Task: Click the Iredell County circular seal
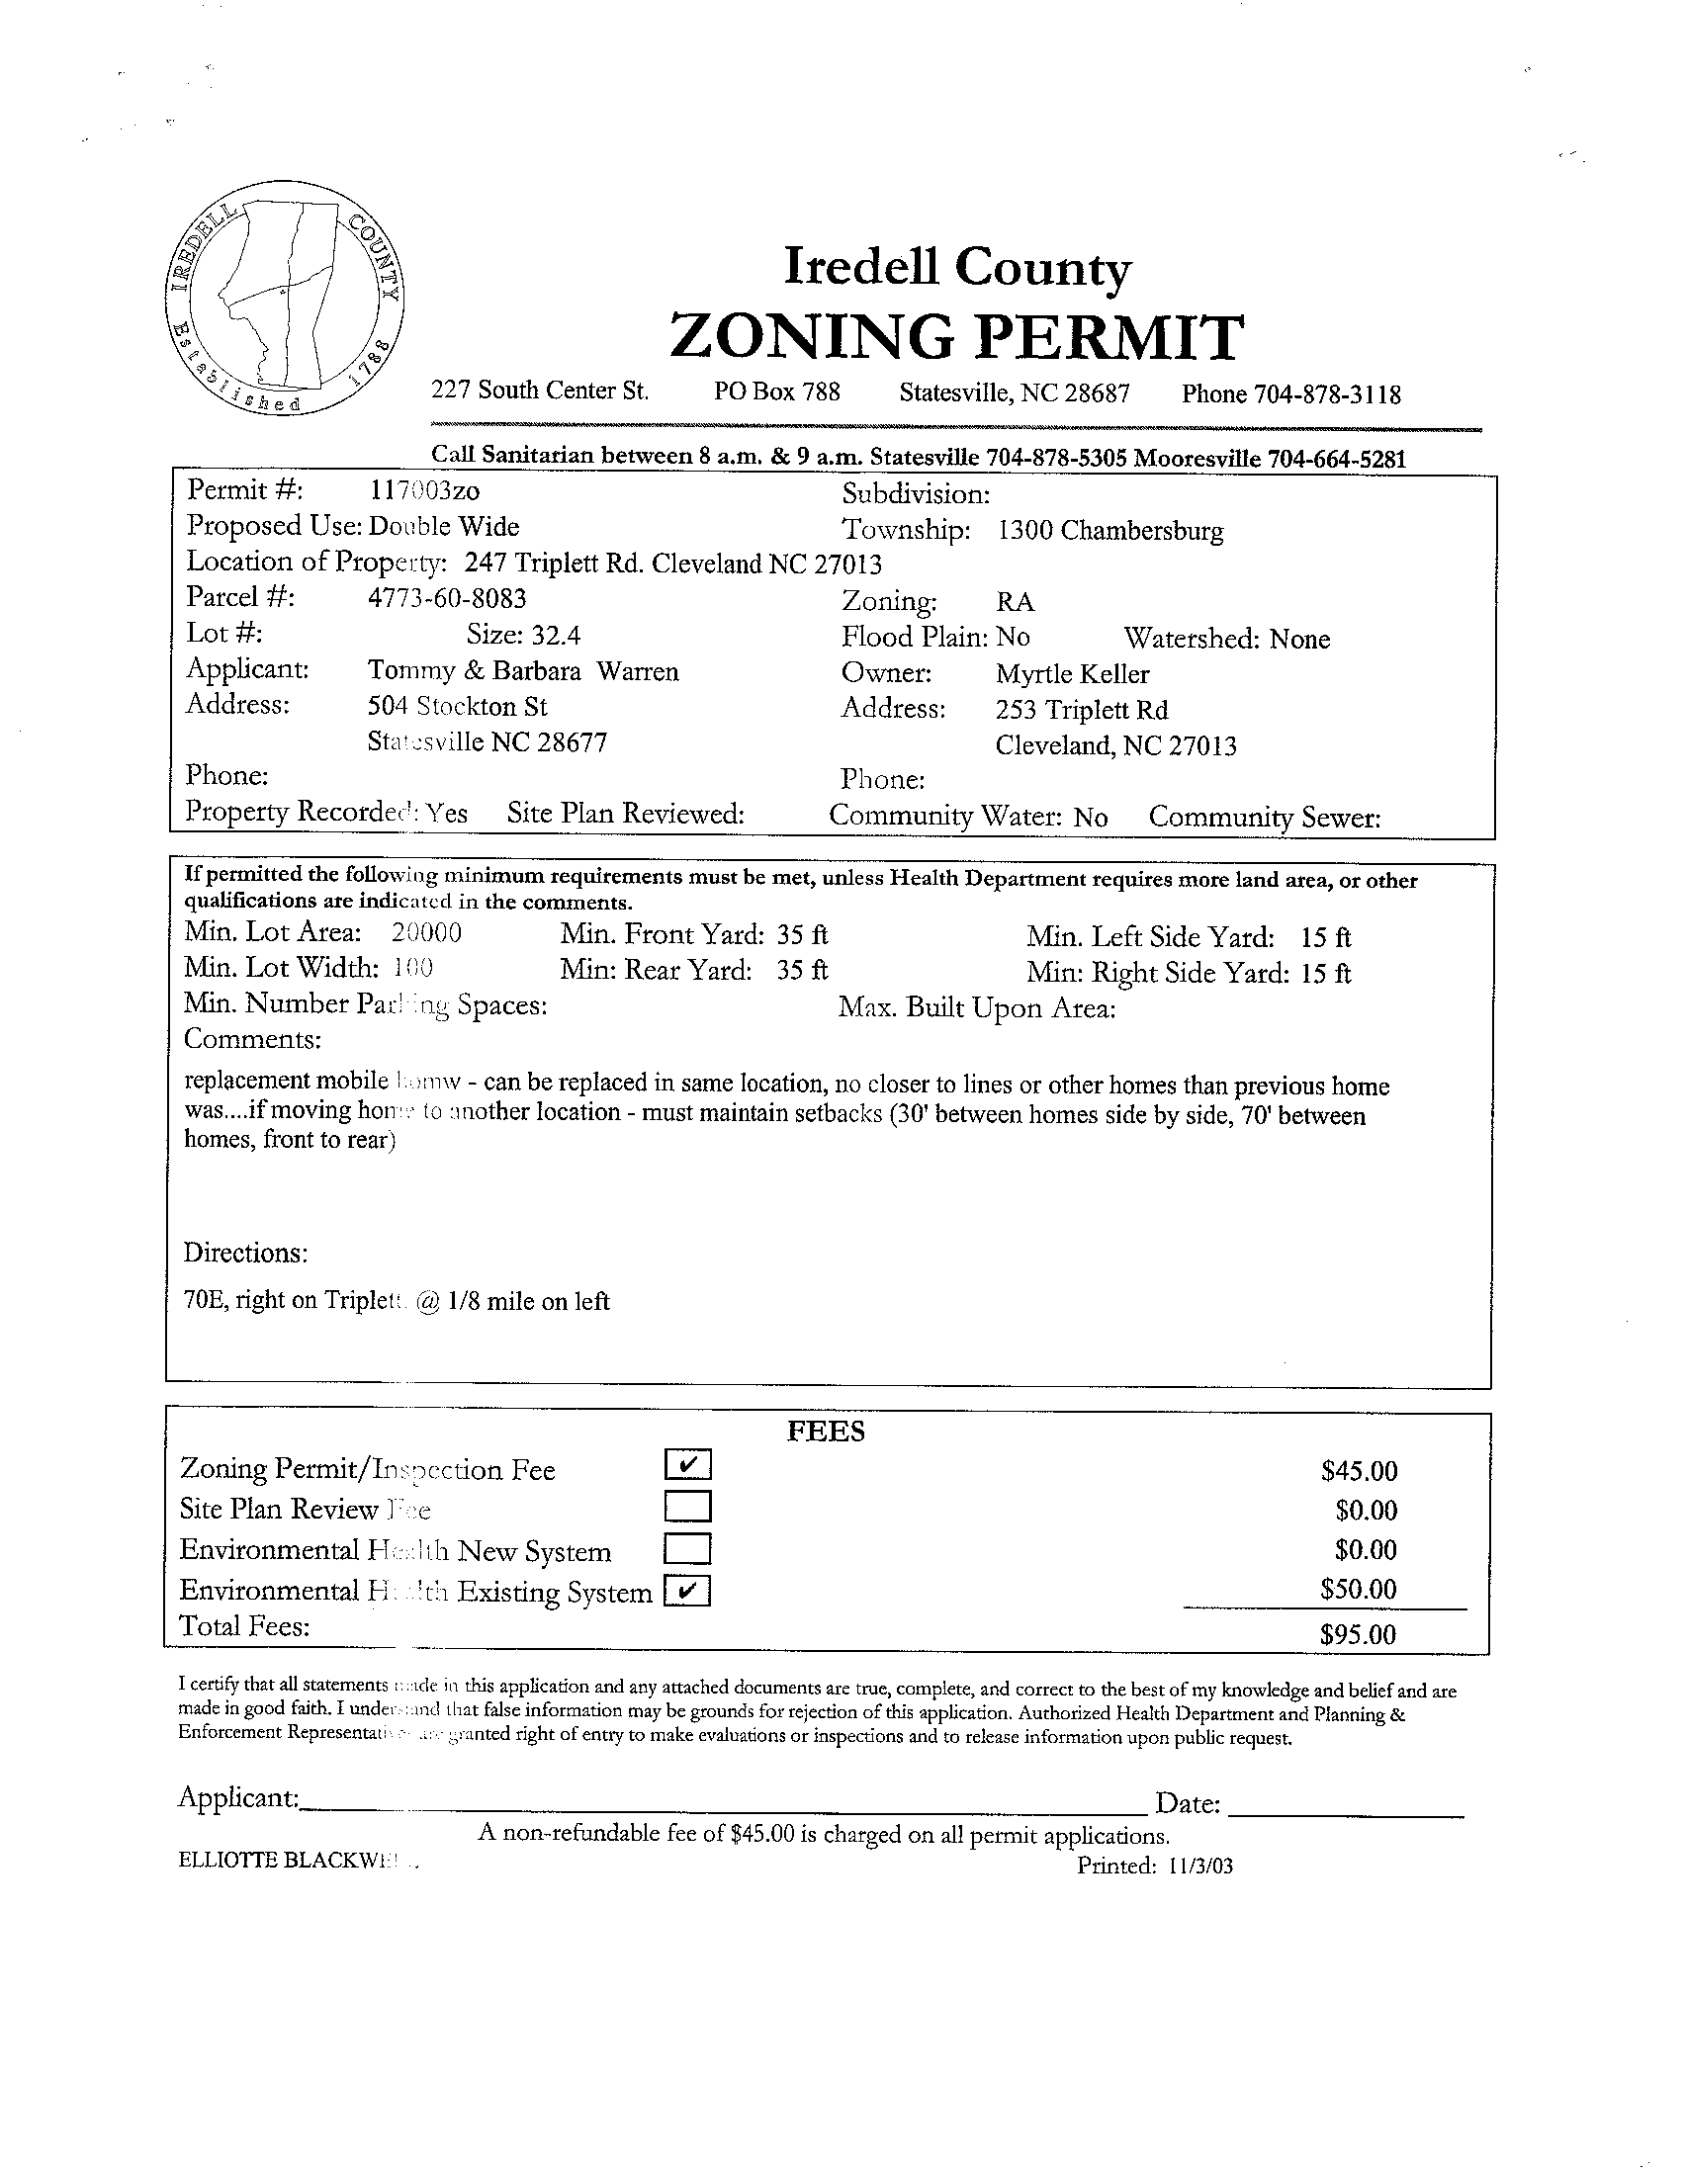tap(286, 301)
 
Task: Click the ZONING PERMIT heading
tap(956, 336)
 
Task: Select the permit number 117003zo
tap(424, 489)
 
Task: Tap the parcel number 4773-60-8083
tap(447, 598)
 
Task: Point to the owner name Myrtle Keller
tap(1071, 674)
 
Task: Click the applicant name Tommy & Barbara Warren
tap(523, 671)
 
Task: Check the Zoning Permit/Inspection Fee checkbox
tap(688, 1464)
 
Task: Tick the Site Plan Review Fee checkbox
tap(688, 1507)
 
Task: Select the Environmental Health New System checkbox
tap(688, 1548)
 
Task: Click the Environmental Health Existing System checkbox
tap(688, 1592)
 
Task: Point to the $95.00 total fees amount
tap(1358, 1634)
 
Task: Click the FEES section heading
tap(826, 1432)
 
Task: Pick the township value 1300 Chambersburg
tap(1110, 531)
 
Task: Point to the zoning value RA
tap(1015, 603)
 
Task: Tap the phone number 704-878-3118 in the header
tap(1327, 394)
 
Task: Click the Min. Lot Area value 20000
tap(426, 933)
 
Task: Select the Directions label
tap(245, 1254)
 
